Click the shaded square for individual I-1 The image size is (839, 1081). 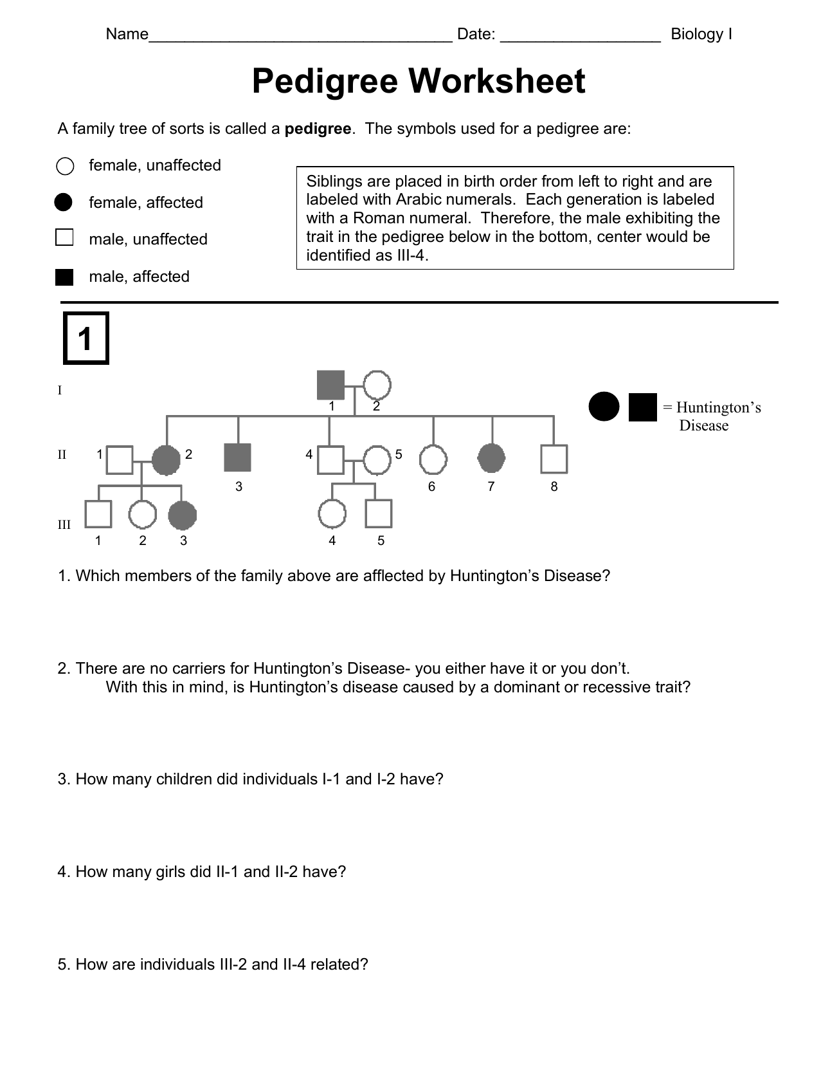click(x=331, y=385)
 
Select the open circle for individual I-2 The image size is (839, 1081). click(x=377, y=385)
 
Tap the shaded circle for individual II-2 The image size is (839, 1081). click(x=165, y=459)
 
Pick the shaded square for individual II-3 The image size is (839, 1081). click(x=237, y=457)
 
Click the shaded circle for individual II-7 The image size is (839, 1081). click(x=492, y=458)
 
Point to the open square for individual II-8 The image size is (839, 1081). click(x=554, y=459)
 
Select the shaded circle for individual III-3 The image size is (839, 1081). click(x=182, y=515)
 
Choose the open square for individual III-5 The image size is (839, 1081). click(x=379, y=514)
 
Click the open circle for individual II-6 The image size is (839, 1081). click(x=433, y=460)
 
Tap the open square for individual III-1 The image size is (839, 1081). click(x=98, y=514)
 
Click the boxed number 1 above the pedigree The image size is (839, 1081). click(x=86, y=338)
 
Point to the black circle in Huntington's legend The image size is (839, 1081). click(x=604, y=407)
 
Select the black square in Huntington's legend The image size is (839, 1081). click(x=642, y=407)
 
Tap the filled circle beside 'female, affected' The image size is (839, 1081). click(x=64, y=202)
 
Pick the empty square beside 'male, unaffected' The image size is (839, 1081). click(x=64, y=237)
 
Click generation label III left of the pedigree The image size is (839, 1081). click(x=64, y=524)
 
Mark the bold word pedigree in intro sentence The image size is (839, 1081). click(x=318, y=129)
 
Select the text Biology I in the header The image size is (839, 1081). click(x=701, y=34)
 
